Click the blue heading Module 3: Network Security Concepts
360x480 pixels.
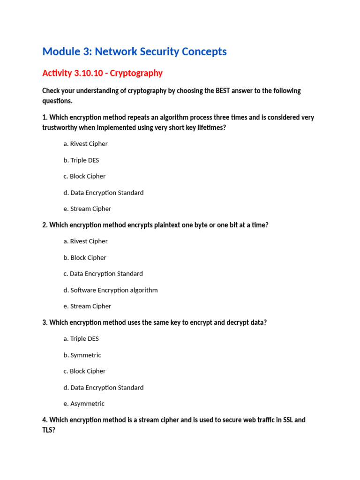(x=135, y=52)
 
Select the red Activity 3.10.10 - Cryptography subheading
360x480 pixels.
(x=102, y=73)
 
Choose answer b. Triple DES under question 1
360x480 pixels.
(x=81, y=160)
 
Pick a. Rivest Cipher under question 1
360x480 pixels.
(x=85, y=144)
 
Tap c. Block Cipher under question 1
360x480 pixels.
(x=84, y=176)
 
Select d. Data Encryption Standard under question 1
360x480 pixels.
(x=104, y=193)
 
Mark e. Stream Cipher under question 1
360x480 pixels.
(x=87, y=209)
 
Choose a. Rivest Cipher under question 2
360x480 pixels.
(x=85, y=241)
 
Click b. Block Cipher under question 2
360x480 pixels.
(x=85, y=258)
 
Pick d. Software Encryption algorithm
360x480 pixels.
(x=111, y=290)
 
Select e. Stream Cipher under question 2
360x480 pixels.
(x=87, y=306)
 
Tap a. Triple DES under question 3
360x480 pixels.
(x=81, y=339)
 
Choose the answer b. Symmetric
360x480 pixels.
(x=82, y=355)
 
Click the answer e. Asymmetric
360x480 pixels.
(x=84, y=404)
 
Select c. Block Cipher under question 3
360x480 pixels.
(x=84, y=371)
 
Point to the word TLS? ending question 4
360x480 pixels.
(x=49, y=430)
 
